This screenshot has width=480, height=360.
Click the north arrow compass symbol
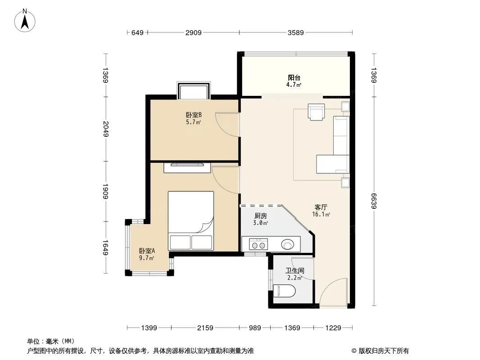[x=25, y=21]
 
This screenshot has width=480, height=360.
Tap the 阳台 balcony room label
[x=294, y=78]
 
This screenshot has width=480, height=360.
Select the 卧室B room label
[x=194, y=115]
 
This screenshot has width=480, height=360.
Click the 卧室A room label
[x=147, y=251]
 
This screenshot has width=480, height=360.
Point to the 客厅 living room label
[x=321, y=207]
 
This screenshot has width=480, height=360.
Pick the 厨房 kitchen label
[x=261, y=216]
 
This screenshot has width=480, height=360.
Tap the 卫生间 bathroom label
[x=295, y=271]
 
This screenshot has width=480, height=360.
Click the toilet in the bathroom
[x=284, y=291]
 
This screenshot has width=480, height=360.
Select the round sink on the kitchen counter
[x=287, y=245]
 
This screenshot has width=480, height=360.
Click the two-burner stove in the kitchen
[x=258, y=244]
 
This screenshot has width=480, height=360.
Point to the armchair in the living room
[x=316, y=112]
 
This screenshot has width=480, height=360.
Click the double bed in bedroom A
[x=191, y=220]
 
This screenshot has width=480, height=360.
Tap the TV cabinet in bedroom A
[x=187, y=168]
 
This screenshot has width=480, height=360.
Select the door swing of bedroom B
[x=227, y=125]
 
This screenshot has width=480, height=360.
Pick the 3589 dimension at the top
[x=295, y=32]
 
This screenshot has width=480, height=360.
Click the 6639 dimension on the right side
[x=373, y=201]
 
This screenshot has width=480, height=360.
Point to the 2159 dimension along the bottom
[x=205, y=328]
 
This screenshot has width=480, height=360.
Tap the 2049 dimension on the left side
[x=106, y=129]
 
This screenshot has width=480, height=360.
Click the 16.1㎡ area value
[x=321, y=214]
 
